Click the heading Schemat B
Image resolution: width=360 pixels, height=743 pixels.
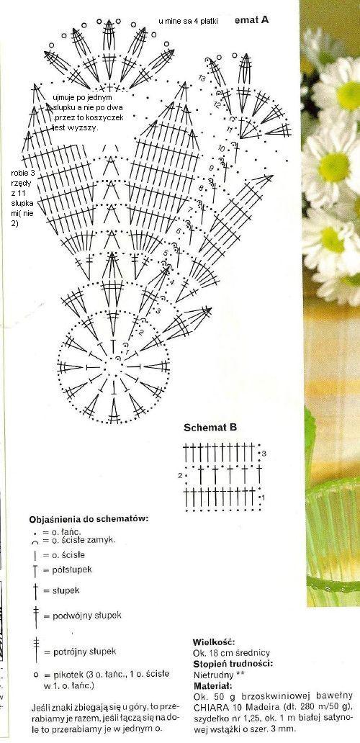[x=210, y=427]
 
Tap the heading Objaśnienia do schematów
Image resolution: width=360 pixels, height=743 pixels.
[x=89, y=518]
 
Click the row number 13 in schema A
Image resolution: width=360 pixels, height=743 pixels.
[x=202, y=77]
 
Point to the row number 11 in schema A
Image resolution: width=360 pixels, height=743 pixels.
[x=229, y=130]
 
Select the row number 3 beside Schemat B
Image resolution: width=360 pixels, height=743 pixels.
[x=264, y=454]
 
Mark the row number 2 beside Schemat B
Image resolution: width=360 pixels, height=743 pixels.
[x=179, y=476]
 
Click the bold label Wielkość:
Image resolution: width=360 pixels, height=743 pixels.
[x=212, y=641]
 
